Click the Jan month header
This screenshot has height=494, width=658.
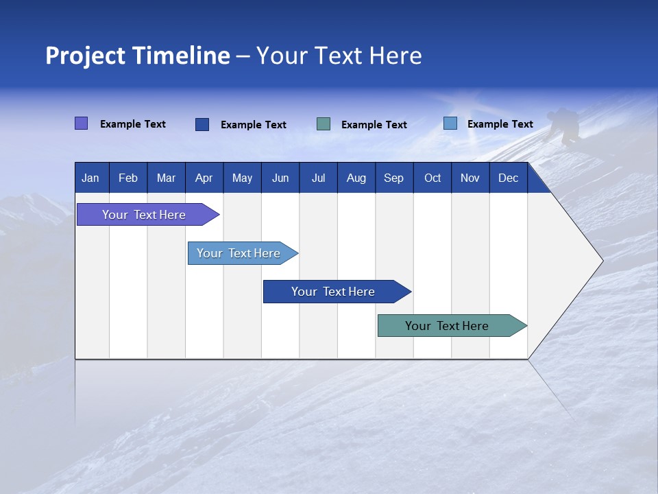click(x=90, y=178)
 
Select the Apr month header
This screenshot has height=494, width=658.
click(x=204, y=178)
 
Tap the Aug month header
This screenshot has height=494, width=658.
click(x=356, y=178)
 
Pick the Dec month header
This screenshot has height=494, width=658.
click(x=509, y=178)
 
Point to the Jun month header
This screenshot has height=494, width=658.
click(x=280, y=178)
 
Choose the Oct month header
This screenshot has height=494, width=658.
click(x=432, y=178)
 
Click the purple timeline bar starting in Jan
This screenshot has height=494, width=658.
click(x=145, y=215)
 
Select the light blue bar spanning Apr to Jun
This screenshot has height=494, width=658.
click(x=239, y=253)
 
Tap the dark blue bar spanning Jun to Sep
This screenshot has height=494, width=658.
click(x=334, y=292)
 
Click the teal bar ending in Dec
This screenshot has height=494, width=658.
click(x=448, y=326)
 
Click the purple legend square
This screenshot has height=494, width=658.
click(x=82, y=123)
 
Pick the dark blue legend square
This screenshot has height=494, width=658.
click(x=202, y=124)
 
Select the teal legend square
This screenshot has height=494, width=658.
click(x=324, y=124)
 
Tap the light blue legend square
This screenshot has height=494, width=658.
click(x=450, y=123)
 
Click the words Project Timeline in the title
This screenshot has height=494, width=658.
click(x=137, y=56)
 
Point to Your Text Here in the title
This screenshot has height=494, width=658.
click(x=339, y=56)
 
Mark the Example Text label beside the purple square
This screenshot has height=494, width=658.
click(x=133, y=124)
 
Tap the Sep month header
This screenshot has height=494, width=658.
click(x=394, y=178)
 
